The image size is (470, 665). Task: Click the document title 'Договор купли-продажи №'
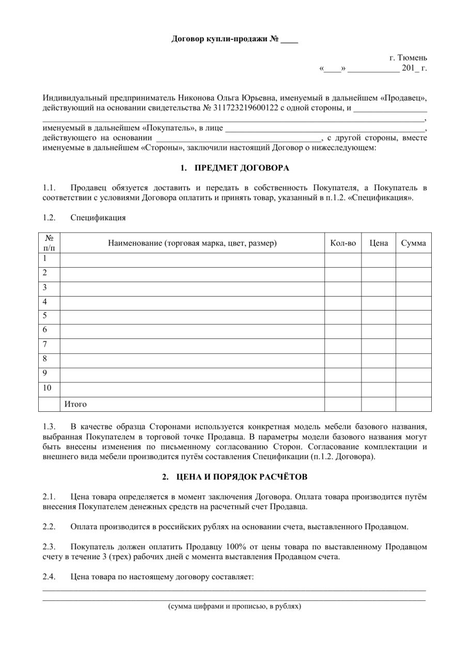point(225,39)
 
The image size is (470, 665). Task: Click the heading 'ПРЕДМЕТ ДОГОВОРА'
point(242,168)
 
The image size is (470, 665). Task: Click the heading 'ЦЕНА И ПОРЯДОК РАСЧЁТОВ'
point(241,476)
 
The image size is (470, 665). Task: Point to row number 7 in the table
point(45,344)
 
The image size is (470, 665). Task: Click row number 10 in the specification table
point(47,387)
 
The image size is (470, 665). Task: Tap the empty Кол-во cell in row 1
point(342,259)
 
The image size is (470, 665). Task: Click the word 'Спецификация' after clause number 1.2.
point(98,218)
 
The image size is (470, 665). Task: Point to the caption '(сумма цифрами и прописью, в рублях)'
point(234,606)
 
